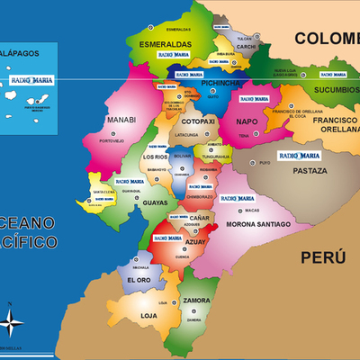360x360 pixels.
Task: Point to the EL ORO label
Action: click(x=140, y=280)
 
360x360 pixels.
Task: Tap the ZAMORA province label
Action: click(x=195, y=299)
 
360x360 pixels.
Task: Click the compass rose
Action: click(x=13, y=321)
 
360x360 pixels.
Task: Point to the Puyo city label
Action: click(x=264, y=164)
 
